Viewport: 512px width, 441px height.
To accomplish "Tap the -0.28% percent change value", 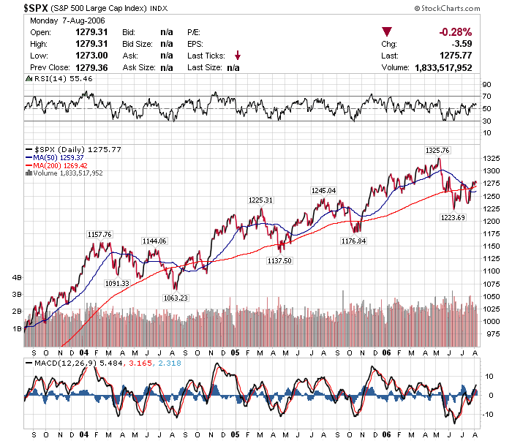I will pyautogui.click(x=455, y=32).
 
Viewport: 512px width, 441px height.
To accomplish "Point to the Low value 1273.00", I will pyautogui.click(x=92, y=56).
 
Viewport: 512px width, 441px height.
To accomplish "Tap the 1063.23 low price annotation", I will pyautogui.click(x=175, y=297).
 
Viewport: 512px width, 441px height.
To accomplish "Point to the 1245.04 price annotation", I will pyautogui.click(x=323, y=190).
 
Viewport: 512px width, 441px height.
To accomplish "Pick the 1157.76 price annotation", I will pyautogui.click(x=99, y=234).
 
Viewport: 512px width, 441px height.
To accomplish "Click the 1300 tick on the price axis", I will pyautogui.click(x=493, y=170).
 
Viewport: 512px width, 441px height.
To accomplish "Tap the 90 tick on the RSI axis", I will pyautogui.click(x=486, y=84).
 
